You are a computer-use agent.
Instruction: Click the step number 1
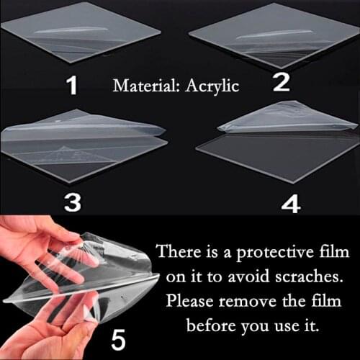[x=71, y=86]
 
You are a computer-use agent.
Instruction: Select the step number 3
[x=72, y=202]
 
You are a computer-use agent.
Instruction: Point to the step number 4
[x=290, y=205]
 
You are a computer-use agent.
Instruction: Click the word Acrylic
[x=212, y=87]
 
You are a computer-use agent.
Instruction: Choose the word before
[x=210, y=325]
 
